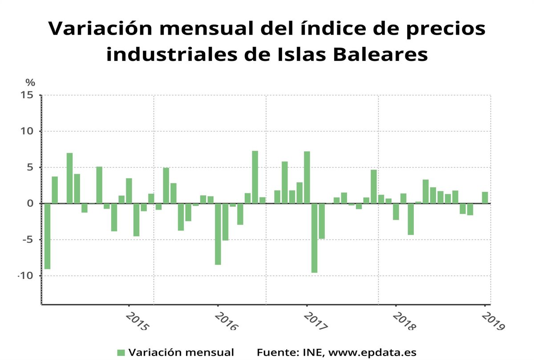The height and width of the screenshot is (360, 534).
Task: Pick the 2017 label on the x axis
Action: click(316, 322)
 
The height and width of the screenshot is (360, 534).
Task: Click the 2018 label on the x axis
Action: click(405, 322)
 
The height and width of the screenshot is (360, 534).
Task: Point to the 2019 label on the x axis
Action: click(494, 322)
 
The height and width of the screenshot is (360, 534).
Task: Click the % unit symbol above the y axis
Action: click(30, 82)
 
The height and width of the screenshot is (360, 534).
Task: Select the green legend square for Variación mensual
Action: click(121, 352)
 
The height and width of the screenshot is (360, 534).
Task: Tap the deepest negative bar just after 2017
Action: click(314, 238)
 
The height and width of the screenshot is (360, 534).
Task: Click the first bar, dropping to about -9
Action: click(47, 236)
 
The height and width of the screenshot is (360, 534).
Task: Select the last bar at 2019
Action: click(485, 198)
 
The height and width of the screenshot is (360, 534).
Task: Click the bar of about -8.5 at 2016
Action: click(218, 234)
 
